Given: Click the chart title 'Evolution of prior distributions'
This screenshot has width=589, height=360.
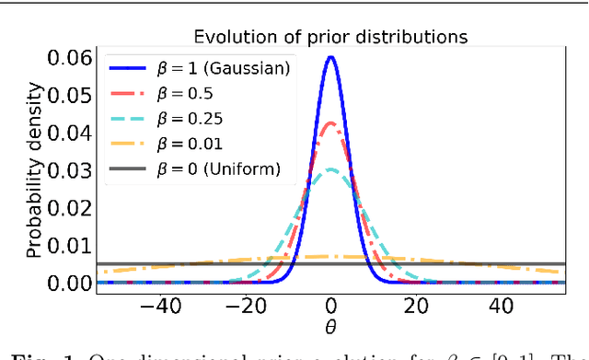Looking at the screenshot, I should (331, 38).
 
